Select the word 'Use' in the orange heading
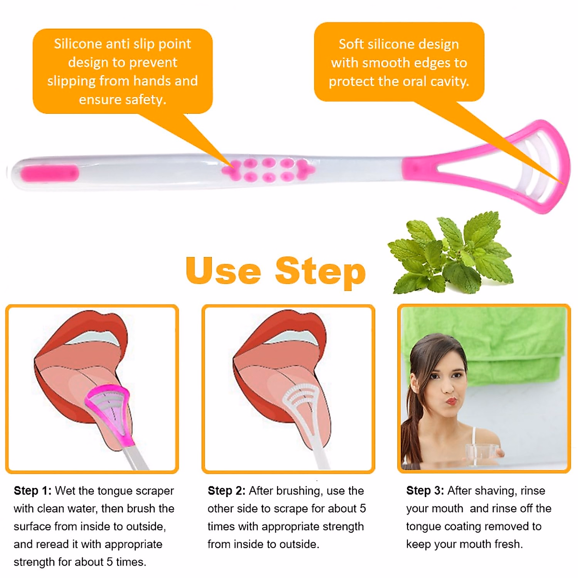(223, 271)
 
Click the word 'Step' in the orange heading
(320, 272)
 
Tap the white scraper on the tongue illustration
(303, 405)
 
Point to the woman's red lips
(450, 401)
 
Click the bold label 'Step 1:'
(32, 491)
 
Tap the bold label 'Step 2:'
(226, 491)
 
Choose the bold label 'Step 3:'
(425, 491)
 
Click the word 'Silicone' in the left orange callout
(78, 44)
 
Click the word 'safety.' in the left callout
(146, 100)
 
